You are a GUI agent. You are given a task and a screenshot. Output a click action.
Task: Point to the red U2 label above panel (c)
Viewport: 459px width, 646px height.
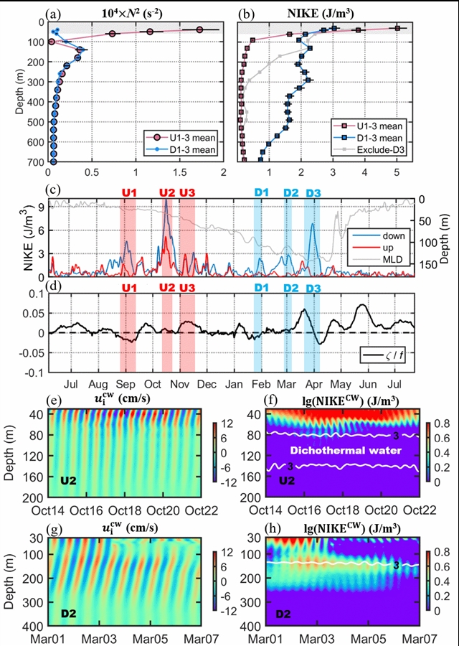(x=166, y=192)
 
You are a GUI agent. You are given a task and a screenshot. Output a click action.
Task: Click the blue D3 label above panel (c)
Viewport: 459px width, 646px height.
(x=313, y=192)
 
